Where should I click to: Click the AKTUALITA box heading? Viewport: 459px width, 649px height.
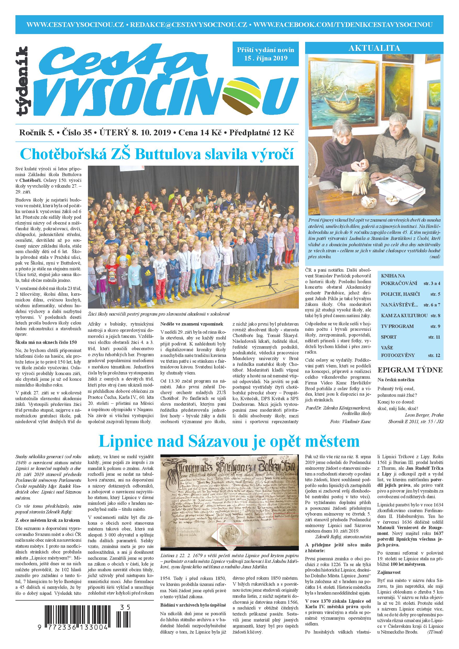374,48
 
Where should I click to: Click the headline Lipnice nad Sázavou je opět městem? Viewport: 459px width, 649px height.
229,441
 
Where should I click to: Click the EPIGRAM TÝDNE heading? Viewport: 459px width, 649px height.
410,370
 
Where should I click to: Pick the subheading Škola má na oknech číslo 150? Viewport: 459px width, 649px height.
46,342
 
